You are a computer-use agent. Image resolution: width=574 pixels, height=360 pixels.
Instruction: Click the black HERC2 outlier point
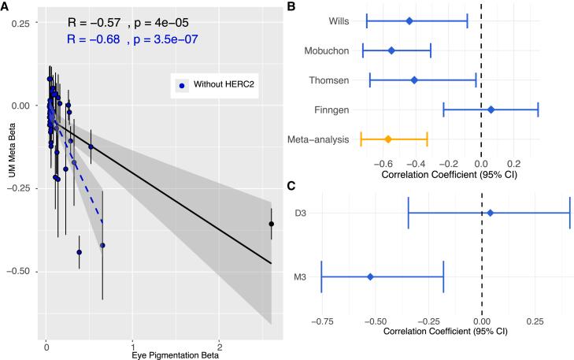pos(272,224)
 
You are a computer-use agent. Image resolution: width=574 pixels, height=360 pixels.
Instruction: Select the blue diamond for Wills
pos(409,20)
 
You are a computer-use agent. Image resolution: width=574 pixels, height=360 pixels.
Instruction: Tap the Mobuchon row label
pos(327,50)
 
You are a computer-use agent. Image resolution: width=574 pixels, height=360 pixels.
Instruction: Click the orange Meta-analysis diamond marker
pos(388,139)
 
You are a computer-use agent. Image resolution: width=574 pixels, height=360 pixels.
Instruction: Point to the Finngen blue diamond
pos(491,109)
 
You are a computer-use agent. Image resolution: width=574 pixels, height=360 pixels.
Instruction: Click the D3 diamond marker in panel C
pos(491,213)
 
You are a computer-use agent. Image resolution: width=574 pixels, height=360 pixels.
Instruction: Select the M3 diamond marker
pos(370,276)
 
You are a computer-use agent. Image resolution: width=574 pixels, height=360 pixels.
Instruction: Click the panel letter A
pos(6,6)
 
